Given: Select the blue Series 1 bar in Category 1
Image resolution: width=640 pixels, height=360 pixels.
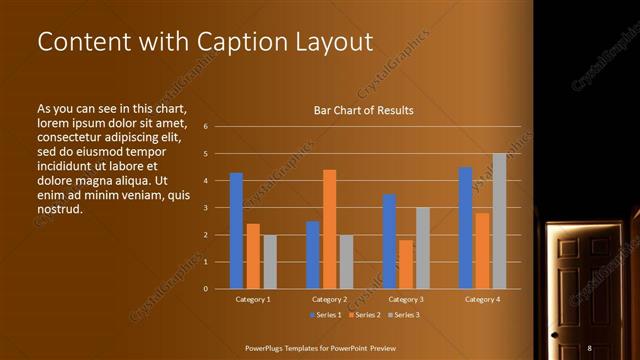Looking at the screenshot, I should (x=236, y=231).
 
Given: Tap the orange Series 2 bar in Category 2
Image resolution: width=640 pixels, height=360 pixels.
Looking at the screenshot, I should (x=330, y=229).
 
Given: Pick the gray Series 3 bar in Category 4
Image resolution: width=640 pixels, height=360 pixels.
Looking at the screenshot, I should (x=499, y=221).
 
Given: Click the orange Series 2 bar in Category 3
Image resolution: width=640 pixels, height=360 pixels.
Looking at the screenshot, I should (x=406, y=264).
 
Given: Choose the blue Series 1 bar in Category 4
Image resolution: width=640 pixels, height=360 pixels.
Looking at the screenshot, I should (x=465, y=228).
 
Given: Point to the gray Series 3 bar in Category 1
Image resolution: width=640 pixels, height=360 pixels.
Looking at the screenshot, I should (x=270, y=262).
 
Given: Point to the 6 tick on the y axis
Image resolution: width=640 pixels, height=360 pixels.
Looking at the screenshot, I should (x=205, y=127).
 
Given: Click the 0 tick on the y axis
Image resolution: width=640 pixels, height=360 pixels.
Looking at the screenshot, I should (x=205, y=289).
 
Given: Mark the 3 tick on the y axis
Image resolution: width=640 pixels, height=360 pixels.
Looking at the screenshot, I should (x=205, y=208).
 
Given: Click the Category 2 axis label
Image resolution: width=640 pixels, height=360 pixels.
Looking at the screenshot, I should (x=330, y=299).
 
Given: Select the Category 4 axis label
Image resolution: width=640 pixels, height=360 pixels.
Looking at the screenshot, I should (x=483, y=299).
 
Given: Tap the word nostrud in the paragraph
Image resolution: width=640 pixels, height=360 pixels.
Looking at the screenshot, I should (x=59, y=210).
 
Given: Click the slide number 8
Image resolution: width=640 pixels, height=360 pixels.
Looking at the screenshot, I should (x=589, y=347).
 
